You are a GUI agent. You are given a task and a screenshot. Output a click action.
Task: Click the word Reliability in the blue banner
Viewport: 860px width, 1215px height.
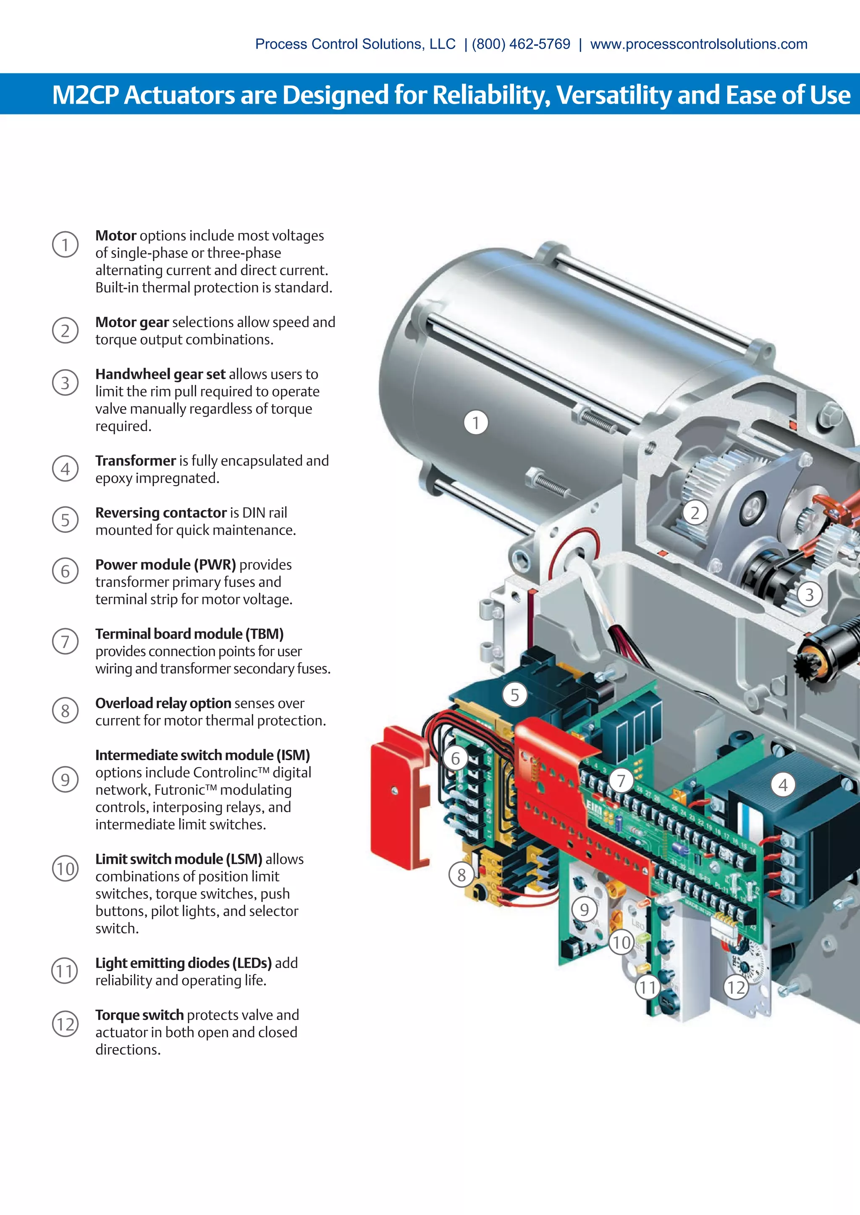[491, 95]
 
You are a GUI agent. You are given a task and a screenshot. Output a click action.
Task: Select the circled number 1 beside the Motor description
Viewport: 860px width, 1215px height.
[65, 245]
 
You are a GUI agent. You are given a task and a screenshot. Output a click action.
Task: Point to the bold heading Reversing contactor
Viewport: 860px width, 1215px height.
[160, 512]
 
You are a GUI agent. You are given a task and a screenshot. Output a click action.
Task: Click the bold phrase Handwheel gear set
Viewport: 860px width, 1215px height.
[160, 374]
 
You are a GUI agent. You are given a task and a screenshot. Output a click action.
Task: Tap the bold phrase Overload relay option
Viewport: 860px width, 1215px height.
[163, 703]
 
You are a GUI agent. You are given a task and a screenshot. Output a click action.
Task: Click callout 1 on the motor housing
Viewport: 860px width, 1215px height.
[475, 423]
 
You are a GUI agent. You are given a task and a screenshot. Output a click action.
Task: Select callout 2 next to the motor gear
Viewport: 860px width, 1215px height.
[695, 513]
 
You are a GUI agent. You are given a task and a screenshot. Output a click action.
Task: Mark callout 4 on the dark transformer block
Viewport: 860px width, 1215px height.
[783, 785]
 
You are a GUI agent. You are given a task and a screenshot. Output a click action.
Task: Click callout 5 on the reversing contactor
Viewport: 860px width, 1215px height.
[515, 695]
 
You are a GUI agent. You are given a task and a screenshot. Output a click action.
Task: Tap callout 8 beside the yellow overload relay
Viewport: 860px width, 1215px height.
[461, 875]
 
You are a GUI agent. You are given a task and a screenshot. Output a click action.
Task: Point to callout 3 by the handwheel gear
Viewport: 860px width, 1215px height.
[809, 594]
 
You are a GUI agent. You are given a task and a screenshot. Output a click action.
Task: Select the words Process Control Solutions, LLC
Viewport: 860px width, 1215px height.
[355, 44]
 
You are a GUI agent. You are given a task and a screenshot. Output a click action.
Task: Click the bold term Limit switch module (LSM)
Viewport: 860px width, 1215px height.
[178, 859]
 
